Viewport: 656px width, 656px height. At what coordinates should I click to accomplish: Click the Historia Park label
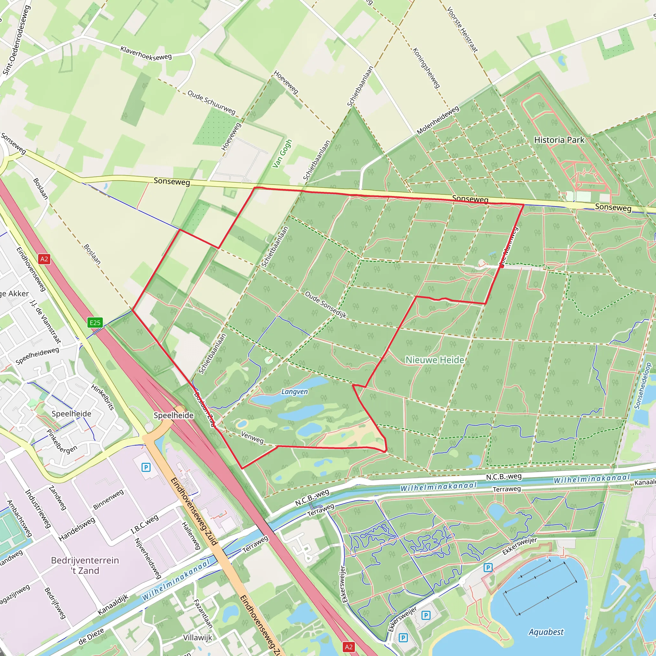click(x=559, y=140)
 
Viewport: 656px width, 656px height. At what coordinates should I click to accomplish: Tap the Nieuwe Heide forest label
click(x=435, y=360)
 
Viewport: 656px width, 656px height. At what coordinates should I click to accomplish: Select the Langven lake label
click(x=294, y=391)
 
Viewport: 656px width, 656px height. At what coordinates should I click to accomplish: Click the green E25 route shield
click(x=95, y=323)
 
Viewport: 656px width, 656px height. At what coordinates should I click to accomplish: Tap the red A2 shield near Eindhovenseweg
click(x=44, y=259)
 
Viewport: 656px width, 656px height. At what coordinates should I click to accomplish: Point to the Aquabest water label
click(x=546, y=632)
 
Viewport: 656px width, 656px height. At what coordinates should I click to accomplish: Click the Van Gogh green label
click(x=282, y=153)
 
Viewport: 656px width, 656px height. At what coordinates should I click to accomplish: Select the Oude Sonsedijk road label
click(x=326, y=305)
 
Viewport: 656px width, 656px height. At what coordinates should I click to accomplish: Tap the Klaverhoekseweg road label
click(x=146, y=53)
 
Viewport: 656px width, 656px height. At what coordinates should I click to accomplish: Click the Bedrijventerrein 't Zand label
click(x=85, y=565)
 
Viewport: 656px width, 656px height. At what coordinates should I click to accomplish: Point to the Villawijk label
click(x=198, y=637)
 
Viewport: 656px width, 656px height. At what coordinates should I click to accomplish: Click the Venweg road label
click(x=252, y=437)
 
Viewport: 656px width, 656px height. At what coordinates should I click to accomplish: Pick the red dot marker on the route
click(x=502, y=266)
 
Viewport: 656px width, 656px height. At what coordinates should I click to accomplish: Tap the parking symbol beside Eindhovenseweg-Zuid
click(x=146, y=468)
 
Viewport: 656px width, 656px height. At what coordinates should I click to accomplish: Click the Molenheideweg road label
click(x=438, y=120)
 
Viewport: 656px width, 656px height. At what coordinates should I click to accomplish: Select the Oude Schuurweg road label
click(x=211, y=102)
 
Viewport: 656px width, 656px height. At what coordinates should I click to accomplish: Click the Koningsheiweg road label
click(x=426, y=68)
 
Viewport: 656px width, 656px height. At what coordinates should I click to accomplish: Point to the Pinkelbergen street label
click(x=62, y=441)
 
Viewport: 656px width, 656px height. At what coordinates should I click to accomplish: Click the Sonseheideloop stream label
click(x=643, y=386)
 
